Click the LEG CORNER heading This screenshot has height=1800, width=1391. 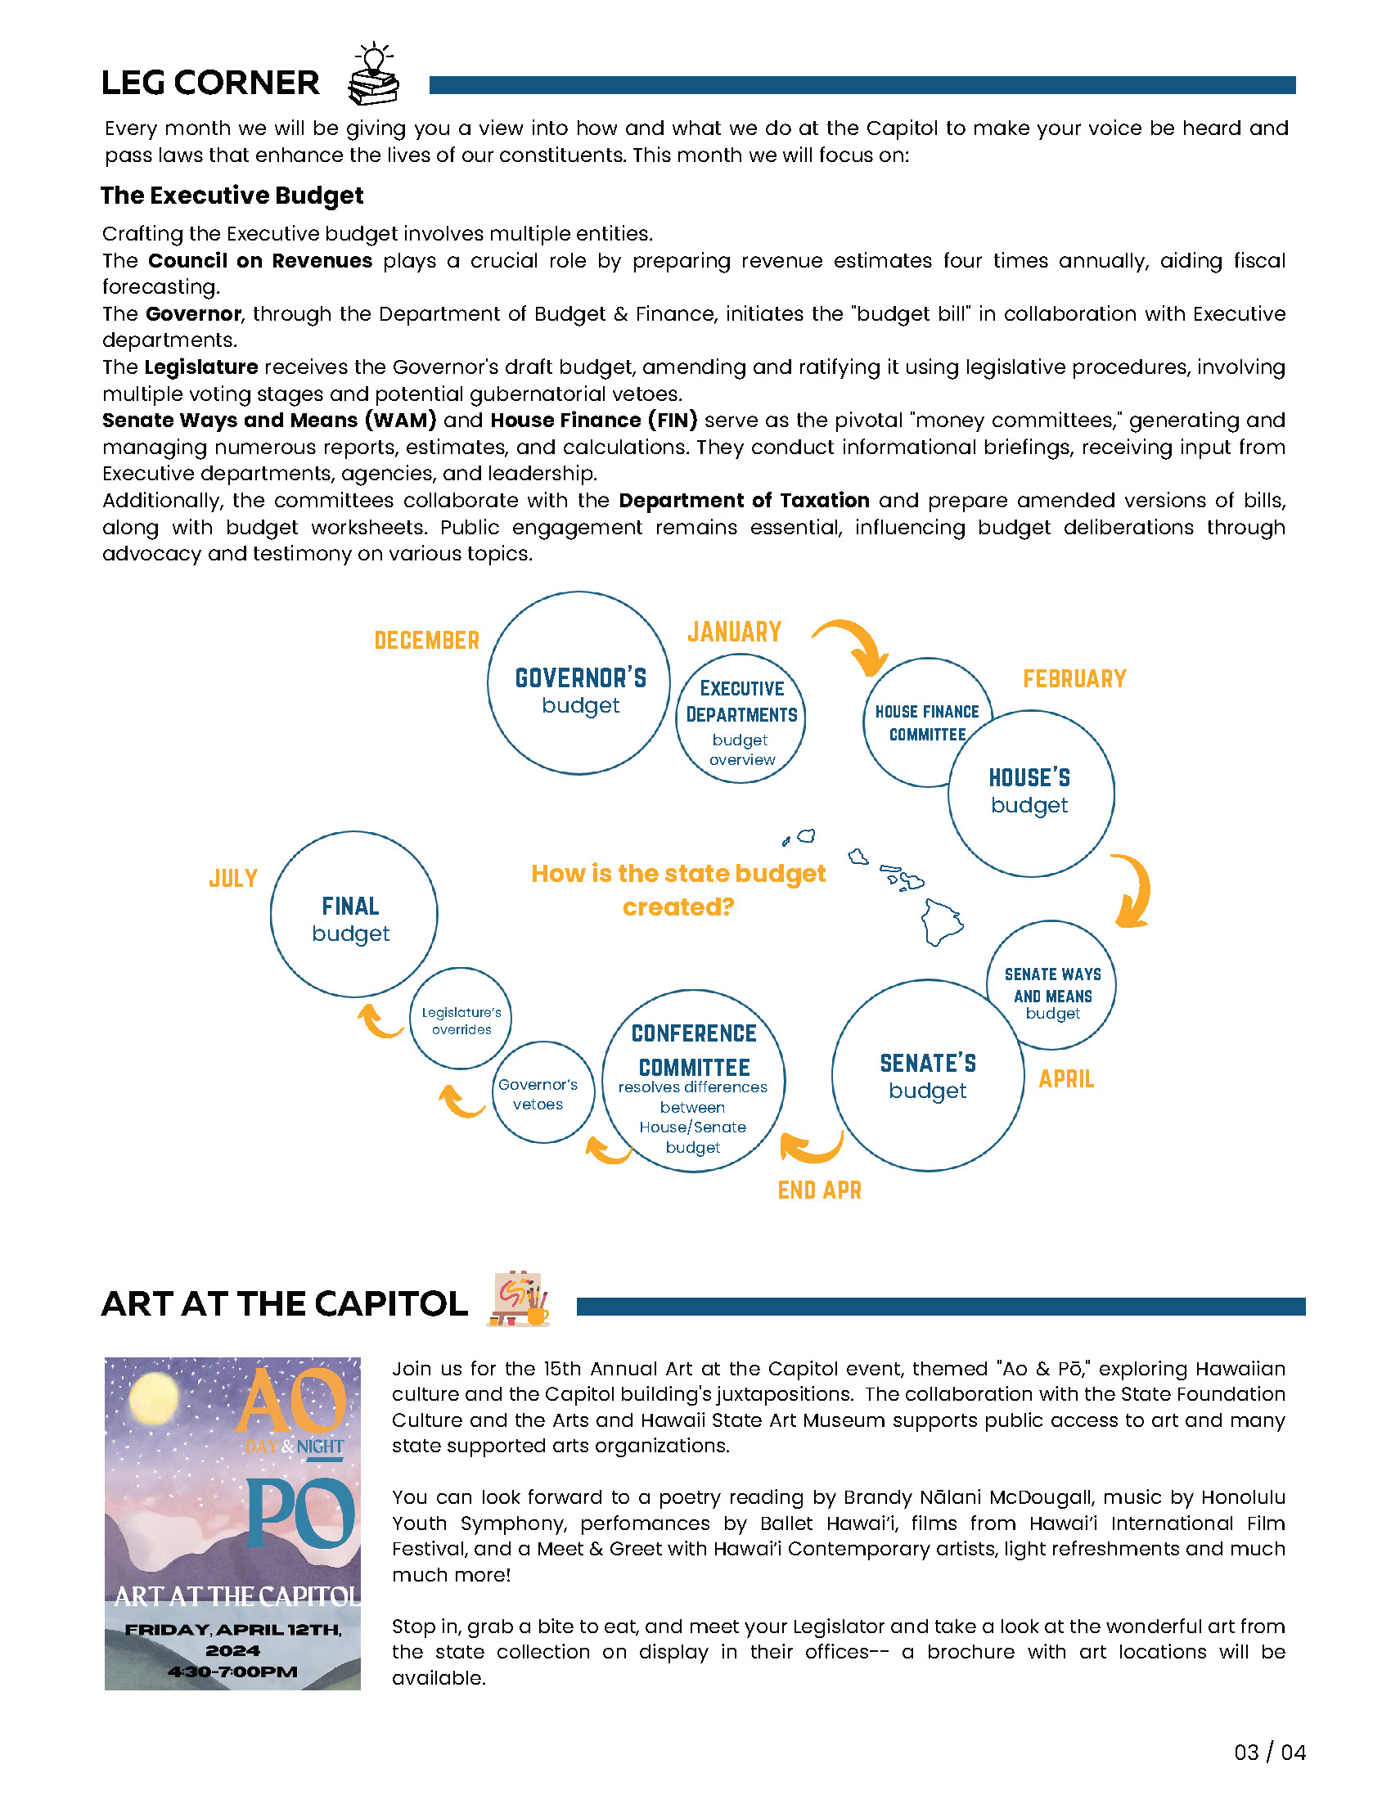point(210,83)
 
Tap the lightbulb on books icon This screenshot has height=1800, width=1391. point(374,76)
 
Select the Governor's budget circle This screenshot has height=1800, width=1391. point(578,682)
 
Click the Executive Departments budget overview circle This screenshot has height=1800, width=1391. point(740,718)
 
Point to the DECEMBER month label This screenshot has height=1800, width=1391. point(426,641)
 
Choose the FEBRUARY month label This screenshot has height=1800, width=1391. point(1074,678)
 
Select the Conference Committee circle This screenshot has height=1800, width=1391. point(693,1081)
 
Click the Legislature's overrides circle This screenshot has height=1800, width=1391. point(461,1019)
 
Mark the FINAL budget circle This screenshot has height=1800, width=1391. point(353,915)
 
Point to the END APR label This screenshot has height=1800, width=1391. point(819,1190)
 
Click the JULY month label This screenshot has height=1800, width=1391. point(233,878)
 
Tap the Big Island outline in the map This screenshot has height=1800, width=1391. point(941,920)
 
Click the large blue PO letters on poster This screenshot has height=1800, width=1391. point(301,1512)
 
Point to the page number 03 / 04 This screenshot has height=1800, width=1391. point(1269,1753)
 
